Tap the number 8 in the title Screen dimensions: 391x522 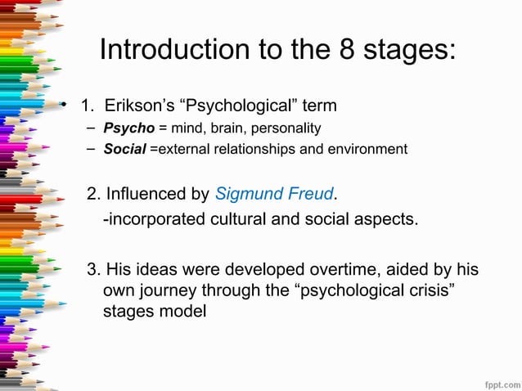tap(346, 51)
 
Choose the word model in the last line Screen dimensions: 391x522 tap(183, 312)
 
